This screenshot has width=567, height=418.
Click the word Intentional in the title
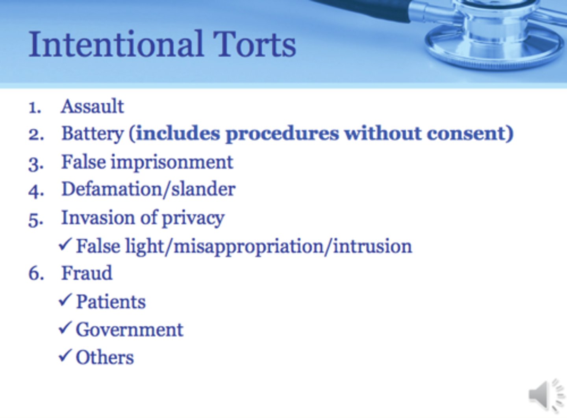(116, 44)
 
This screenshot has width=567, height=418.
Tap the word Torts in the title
(254, 44)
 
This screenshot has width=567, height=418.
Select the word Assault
(93, 107)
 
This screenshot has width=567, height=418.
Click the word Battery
(93, 134)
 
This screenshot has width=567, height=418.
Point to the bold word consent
(467, 133)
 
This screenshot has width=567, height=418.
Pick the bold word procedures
(282, 134)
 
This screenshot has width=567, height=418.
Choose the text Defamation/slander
(148, 189)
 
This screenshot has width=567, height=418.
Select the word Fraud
(87, 273)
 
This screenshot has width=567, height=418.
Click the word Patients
(111, 302)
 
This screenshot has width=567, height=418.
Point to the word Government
(130, 330)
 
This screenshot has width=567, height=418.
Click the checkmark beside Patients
(65, 300)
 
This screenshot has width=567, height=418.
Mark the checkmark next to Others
(65, 356)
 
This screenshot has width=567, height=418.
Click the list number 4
(35, 191)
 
